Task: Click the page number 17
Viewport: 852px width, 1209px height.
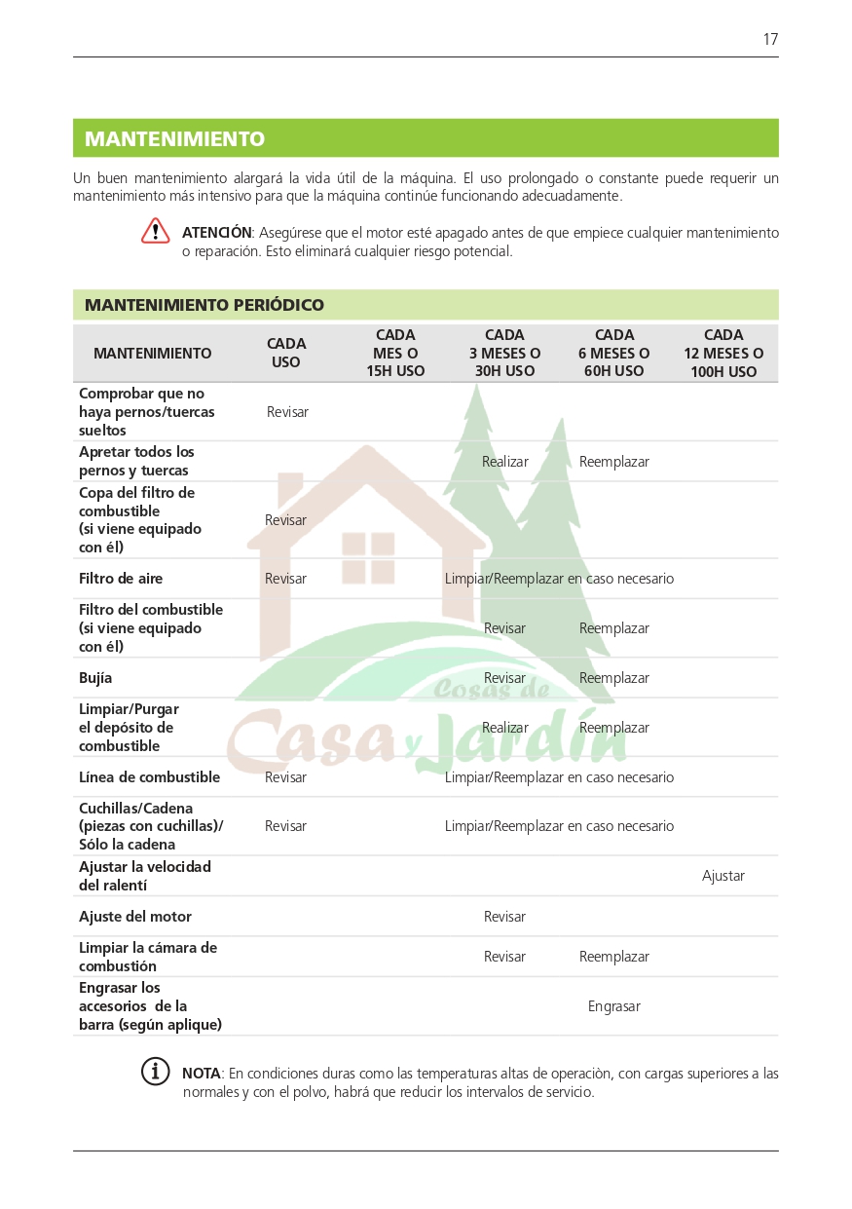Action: point(770,40)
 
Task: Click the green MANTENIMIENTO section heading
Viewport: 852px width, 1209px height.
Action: point(174,139)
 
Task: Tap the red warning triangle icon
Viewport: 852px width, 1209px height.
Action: point(156,232)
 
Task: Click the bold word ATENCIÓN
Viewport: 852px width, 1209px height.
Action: point(216,233)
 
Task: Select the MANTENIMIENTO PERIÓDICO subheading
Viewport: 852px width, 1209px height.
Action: point(204,305)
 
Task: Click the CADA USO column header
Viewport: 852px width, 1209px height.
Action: point(286,353)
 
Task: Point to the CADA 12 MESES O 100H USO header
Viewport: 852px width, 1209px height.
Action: point(723,353)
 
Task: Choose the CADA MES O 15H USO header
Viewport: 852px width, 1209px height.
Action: point(395,353)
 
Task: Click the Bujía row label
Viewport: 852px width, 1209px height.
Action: point(95,678)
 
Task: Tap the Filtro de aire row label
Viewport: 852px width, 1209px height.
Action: point(121,579)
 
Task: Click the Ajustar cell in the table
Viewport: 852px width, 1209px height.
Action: point(723,876)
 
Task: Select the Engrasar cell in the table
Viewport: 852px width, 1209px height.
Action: point(614,1006)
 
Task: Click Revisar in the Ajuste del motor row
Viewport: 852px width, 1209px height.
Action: point(504,917)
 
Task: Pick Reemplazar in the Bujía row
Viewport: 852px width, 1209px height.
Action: point(614,678)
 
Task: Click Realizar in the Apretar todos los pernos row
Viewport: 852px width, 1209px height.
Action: point(505,462)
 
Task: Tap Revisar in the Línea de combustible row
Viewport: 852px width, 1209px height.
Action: point(286,777)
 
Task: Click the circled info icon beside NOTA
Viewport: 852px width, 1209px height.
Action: point(156,1072)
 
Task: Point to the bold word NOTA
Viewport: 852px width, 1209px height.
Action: point(202,1074)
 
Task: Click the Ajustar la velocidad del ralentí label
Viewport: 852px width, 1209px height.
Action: point(145,876)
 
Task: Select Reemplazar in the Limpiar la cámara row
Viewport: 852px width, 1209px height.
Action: point(614,957)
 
